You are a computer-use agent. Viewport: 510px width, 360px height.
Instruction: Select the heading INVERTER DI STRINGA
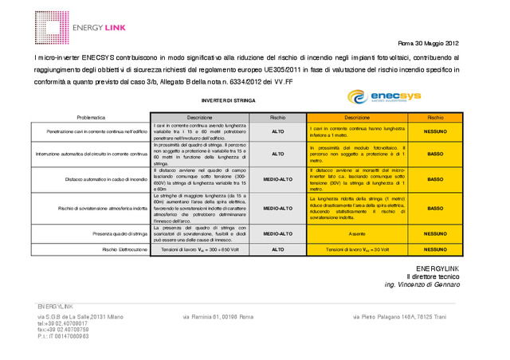(x=229, y=101)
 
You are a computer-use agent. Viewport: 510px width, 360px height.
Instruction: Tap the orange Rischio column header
(x=434, y=117)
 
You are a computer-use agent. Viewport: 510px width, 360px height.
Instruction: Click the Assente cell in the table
(x=356, y=234)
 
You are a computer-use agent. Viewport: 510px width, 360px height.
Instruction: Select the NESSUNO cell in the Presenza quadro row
(x=434, y=234)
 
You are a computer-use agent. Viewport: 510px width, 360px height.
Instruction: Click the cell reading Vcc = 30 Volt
(x=356, y=249)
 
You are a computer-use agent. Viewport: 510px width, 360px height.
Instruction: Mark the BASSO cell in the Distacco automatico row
(x=434, y=179)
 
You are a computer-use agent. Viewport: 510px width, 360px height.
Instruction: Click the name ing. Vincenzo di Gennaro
(x=422, y=284)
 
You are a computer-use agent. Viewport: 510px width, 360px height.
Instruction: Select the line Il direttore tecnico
(x=434, y=275)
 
